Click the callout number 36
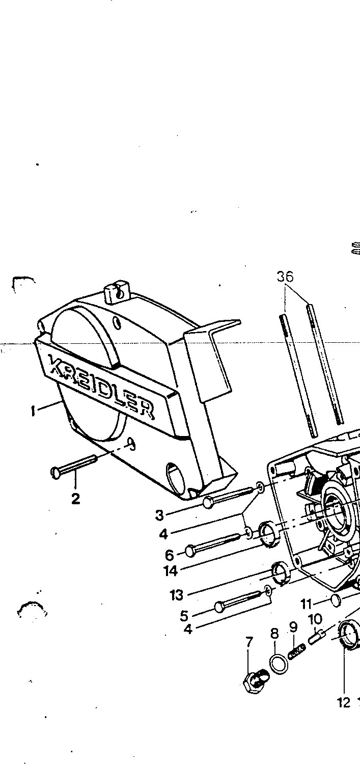[x=285, y=277]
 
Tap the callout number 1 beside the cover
[x=33, y=411]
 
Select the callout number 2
[x=75, y=499]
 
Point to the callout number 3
[x=159, y=515]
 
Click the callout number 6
[x=170, y=555]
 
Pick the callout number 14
[x=171, y=571]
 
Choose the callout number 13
[x=176, y=595]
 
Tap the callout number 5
[x=184, y=616]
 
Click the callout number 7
[x=250, y=642]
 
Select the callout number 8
[x=274, y=634]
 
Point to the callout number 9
[x=293, y=627]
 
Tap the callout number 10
[x=315, y=619]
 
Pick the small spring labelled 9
[x=297, y=651]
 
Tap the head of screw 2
[x=56, y=473]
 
